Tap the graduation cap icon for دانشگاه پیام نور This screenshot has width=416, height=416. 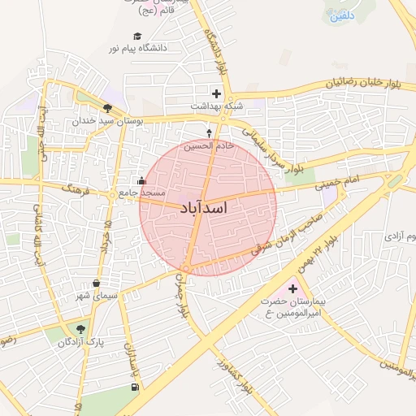coord(137,36)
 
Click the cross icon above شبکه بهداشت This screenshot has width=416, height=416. coord(216,93)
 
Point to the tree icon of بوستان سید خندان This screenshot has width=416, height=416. coord(107,107)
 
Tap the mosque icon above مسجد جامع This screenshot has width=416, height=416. coord(142,180)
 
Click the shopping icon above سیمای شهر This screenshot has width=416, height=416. coord(97,284)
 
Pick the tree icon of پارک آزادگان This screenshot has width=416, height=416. coord(80,328)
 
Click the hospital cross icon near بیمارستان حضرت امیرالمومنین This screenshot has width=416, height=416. coord(292,288)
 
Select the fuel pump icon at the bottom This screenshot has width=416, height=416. coord(133,387)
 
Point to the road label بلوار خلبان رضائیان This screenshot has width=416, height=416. coord(366,82)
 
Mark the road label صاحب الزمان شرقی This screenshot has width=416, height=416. coord(287,231)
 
